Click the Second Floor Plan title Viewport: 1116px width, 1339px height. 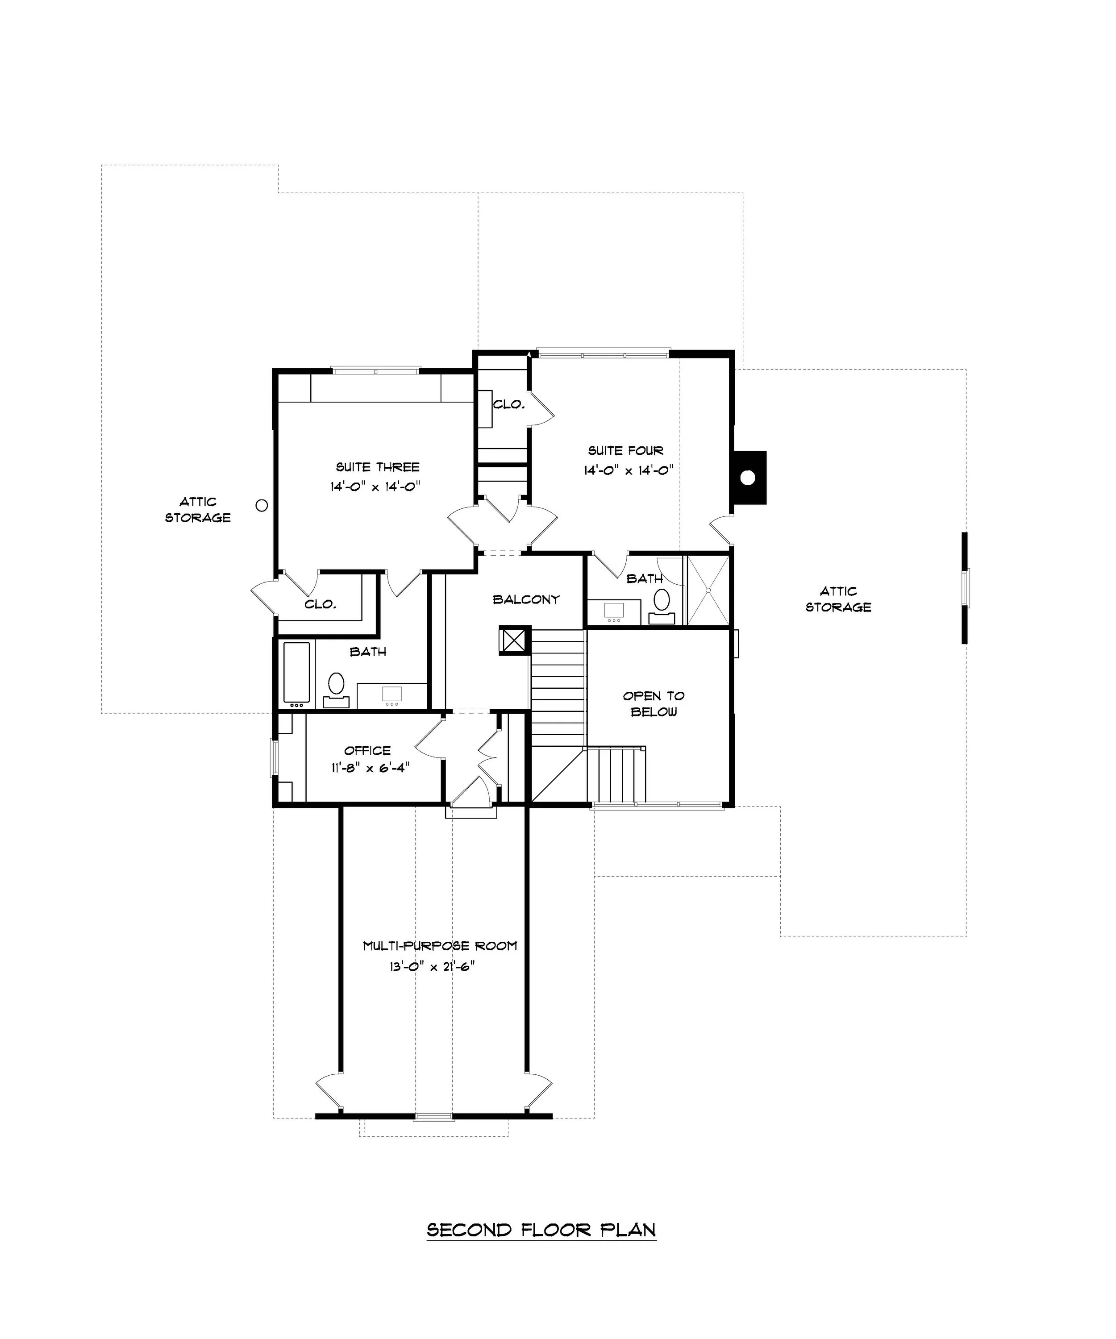(x=541, y=1229)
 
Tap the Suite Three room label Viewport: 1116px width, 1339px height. (x=378, y=467)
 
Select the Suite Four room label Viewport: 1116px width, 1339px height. (x=625, y=451)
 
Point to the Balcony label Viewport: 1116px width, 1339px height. (x=526, y=599)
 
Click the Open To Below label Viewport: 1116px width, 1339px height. (x=654, y=704)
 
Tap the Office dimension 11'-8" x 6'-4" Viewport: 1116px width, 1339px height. (x=370, y=768)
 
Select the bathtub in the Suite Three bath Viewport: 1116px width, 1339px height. (x=296, y=674)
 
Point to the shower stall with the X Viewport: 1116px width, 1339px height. (x=707, y=590)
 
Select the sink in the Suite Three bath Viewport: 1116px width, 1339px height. (x=391, y=694)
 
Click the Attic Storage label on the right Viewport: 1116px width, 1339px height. (x=838, y=599)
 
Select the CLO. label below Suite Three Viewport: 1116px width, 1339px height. (x=320, y=604)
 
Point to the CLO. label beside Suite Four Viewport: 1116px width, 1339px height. (x=509, y=404)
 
